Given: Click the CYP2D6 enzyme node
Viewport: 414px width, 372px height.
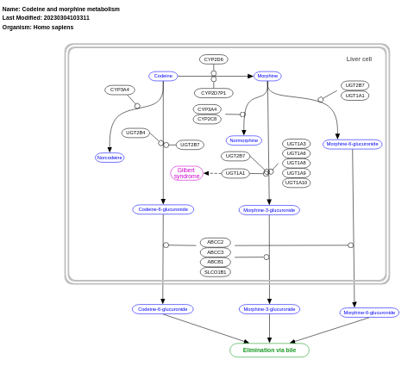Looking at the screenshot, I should [x=214, y=59].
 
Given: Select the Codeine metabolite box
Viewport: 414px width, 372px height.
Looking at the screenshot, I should [x=163, y=76].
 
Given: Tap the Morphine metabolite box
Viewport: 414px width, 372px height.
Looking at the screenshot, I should [x=267, y=76].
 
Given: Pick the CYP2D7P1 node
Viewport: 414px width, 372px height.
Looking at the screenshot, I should [x=214, y=93].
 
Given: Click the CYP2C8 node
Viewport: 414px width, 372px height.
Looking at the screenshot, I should [x=207, y=119].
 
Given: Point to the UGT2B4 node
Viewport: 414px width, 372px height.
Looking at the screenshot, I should [x=135, y=133].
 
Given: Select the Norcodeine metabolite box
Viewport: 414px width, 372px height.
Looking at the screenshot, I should [x=110, y=158].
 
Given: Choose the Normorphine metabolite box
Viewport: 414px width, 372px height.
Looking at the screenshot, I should [x=244, y=140].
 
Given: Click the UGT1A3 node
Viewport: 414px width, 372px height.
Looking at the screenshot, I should [x=296, y=144].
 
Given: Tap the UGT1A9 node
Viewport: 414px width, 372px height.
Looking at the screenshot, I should [x=296, y=173].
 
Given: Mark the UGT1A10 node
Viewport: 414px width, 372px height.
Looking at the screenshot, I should [x=297, y=183].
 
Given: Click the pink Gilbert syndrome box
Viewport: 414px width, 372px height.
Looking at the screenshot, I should [x=186, y=173].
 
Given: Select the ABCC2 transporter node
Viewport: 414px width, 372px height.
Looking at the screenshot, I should [x=216, y=243].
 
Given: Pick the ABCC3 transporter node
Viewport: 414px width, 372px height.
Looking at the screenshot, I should [x=216, y=252].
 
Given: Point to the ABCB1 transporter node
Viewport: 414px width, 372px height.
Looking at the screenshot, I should [x=216, y=262].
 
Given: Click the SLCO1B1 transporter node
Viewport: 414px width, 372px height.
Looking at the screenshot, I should [x=216, y=272].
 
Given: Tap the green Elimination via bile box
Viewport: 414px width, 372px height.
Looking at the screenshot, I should [x=269, y=350].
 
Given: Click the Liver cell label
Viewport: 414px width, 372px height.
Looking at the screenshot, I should [x=359, y=59].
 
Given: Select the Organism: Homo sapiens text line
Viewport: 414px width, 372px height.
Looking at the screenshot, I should [x=38, y=27].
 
